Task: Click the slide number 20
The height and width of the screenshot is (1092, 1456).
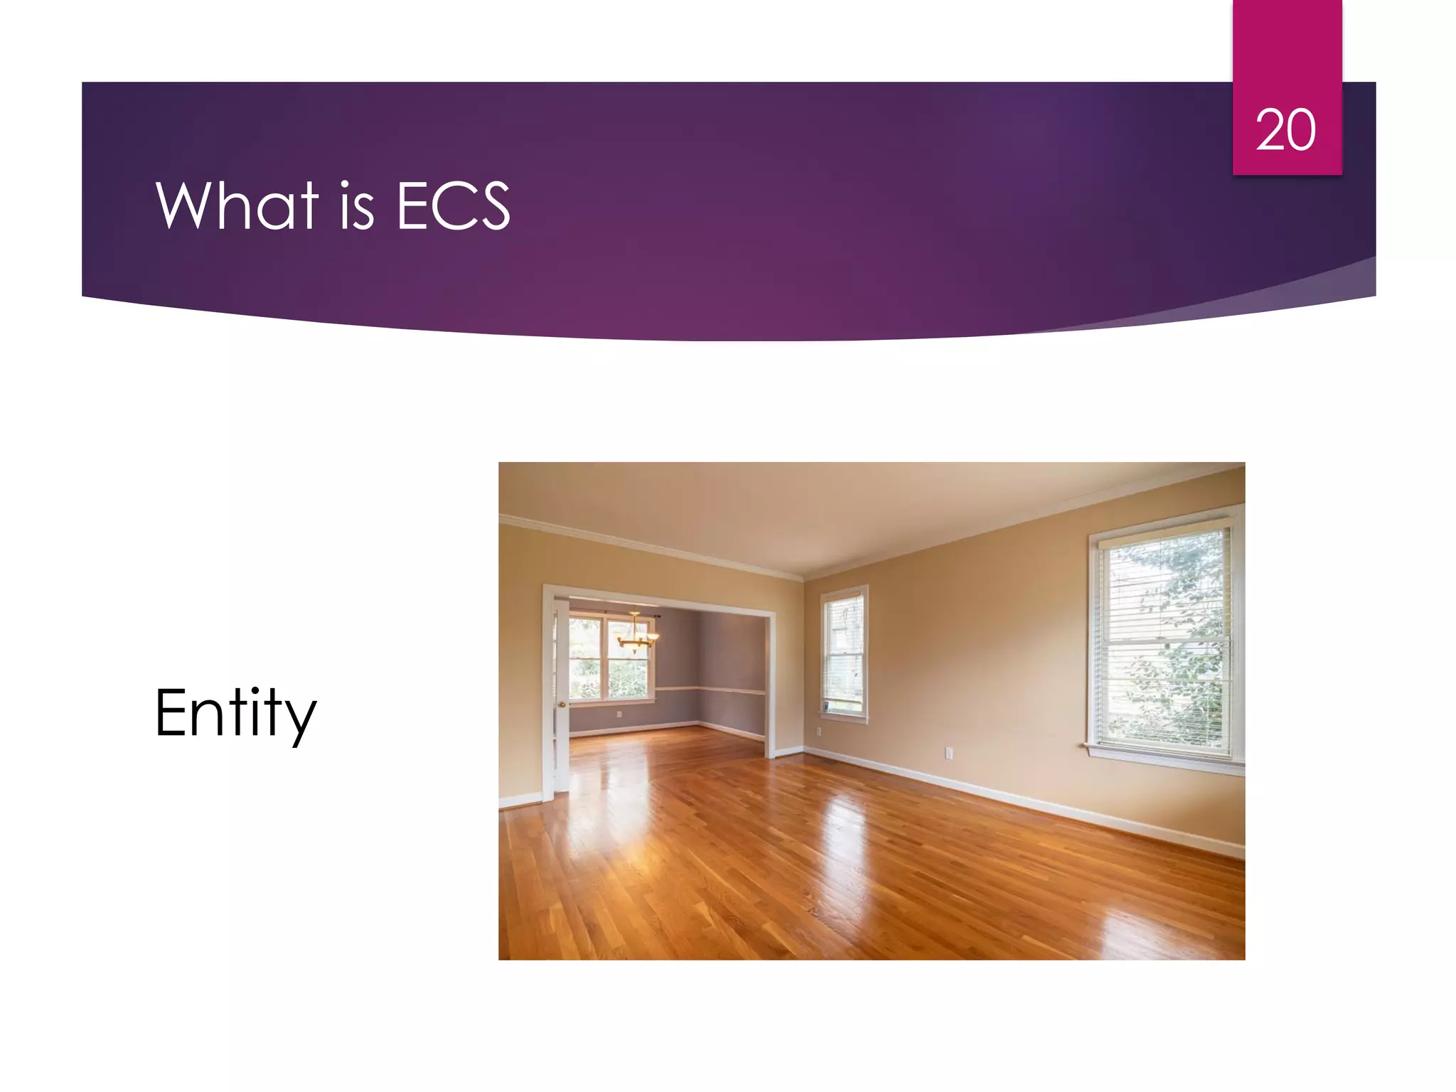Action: coord(1285,130)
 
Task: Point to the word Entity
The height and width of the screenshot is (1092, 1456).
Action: coord(235,713)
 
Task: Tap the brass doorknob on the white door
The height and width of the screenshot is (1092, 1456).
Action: coord(562,704)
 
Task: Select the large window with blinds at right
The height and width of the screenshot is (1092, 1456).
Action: coord(1165,640)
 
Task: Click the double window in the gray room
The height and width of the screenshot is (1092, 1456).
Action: coord(611,658)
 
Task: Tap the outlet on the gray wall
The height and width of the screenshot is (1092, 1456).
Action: coord(619,714)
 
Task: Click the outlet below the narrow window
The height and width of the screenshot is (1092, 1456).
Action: coord(818,732)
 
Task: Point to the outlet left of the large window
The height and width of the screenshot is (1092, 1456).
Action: coord(948,753)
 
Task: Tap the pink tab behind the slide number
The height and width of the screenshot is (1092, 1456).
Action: coord(1287,43)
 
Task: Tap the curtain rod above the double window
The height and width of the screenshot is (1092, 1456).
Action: coord(626,612)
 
